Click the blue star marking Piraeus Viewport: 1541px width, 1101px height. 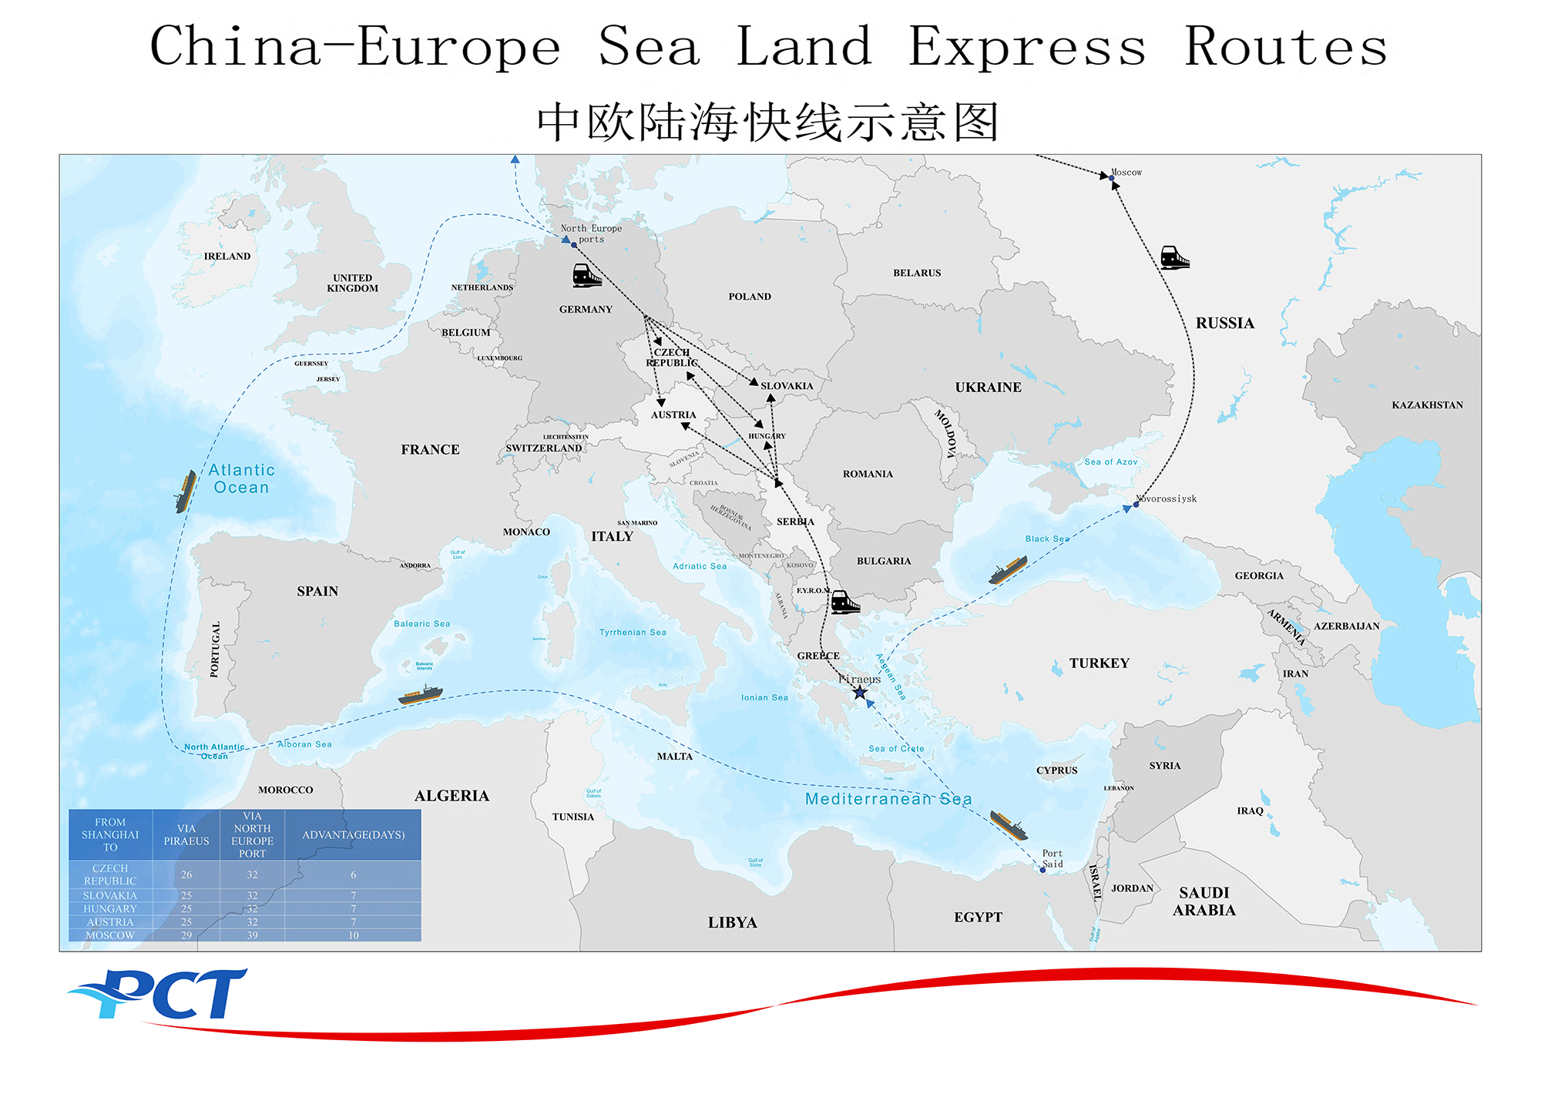(x=860, y=693)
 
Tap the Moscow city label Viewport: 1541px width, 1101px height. (x=1126, y=173)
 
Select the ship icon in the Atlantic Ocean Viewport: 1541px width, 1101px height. (x=185, y=492)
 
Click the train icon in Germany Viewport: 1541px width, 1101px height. (x=586, y=275)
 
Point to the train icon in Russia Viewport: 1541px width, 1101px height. (x=1174, y=257)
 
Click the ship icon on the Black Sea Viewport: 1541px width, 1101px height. (x=1007, y=571)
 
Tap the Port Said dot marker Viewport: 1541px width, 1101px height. (x=1042, y=870)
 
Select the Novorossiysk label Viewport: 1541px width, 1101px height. (x=1168, y=498)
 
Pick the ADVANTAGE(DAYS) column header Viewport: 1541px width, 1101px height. (x=353, y=835)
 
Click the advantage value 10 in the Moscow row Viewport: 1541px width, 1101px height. (x=353, y=935)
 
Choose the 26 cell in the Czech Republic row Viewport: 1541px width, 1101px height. (x=186, y=874)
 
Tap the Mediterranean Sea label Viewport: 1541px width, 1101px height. (x=888, y=799)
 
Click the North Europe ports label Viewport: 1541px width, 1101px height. (x=591, y=233)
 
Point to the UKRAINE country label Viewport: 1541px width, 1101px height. (x=988, y=388)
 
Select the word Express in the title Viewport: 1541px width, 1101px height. (x=1026, y=47)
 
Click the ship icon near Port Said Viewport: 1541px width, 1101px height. (x=1009, y=825)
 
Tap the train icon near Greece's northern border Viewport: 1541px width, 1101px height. (x=845, y=603)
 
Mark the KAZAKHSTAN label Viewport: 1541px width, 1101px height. (x=1426, y=405)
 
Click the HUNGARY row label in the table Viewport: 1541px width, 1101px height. (x=110, y=909)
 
